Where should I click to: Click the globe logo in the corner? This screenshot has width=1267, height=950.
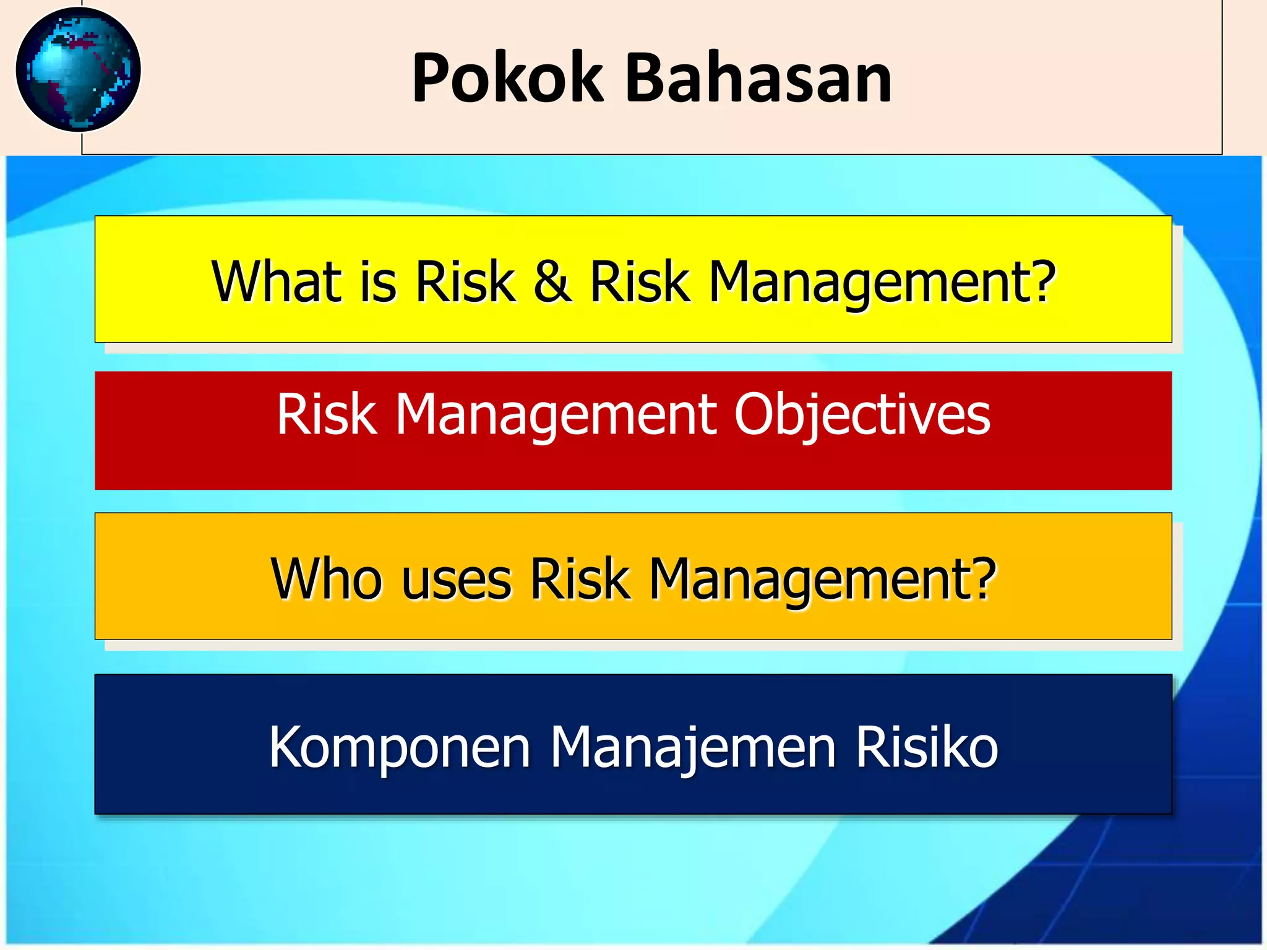coord(78,69)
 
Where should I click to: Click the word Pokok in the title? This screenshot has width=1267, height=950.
coord(507,79)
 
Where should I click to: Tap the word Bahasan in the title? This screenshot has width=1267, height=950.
coord(758,79)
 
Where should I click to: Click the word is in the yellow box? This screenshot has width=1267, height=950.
coord(378,283)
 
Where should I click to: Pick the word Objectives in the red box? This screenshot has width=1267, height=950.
coord(862,416)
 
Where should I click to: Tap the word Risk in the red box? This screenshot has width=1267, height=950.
coord(326,414)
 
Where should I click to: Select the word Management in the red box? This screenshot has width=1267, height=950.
coord(555,416)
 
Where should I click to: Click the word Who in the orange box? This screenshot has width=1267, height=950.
coord(326,579)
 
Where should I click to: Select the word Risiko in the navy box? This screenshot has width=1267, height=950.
coord(927,747)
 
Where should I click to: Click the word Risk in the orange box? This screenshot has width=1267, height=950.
coord(580,579)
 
